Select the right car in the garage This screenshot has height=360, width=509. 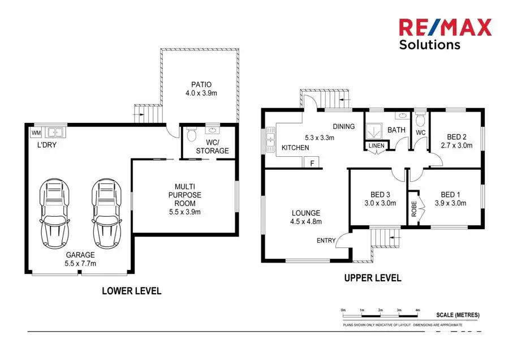105,209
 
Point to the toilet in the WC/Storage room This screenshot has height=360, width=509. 191,135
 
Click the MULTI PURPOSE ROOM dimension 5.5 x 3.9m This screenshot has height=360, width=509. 185,212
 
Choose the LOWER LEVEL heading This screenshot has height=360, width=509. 132,291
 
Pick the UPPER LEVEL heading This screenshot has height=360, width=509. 373,278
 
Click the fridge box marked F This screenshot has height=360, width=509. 312,162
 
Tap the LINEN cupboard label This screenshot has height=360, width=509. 376,146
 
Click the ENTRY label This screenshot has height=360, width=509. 326,241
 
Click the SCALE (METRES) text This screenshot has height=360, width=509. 458,315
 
